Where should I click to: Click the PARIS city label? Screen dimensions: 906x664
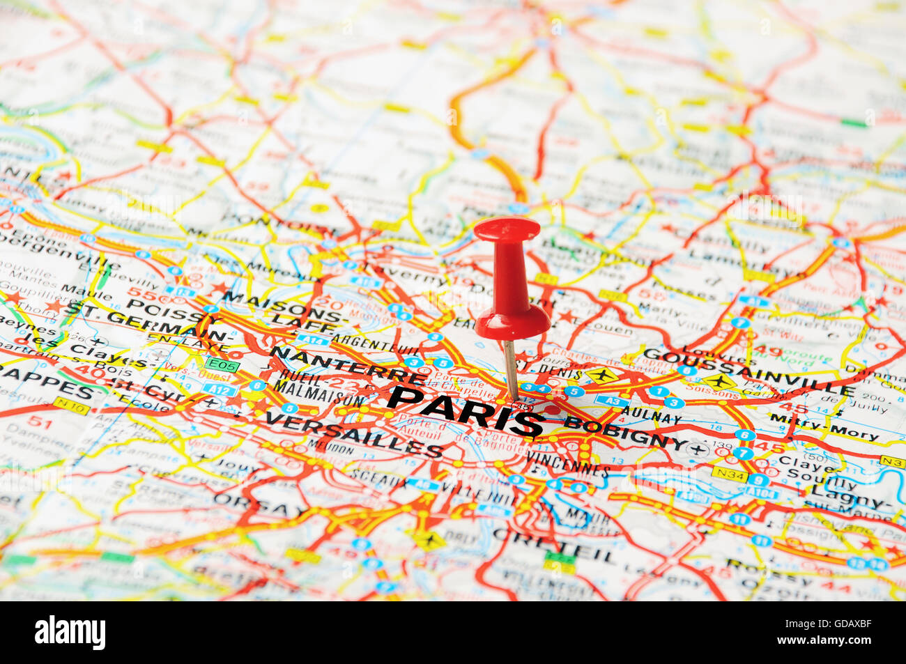click(466, 411)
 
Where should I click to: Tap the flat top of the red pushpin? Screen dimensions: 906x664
click(507, 229)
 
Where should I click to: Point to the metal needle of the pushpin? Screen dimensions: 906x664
click(511, 369)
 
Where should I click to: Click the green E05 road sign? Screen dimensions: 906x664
click(222, 364)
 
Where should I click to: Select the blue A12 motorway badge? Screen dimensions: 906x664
click(220, 390)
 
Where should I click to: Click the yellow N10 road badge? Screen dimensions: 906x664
click(70, 405)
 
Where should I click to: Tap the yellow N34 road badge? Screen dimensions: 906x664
click(728, 474)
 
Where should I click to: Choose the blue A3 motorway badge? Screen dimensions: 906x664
click(611, 401)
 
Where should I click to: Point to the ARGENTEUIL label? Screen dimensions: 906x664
click(376, 344)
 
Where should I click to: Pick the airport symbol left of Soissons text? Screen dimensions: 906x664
click(719, 382)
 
